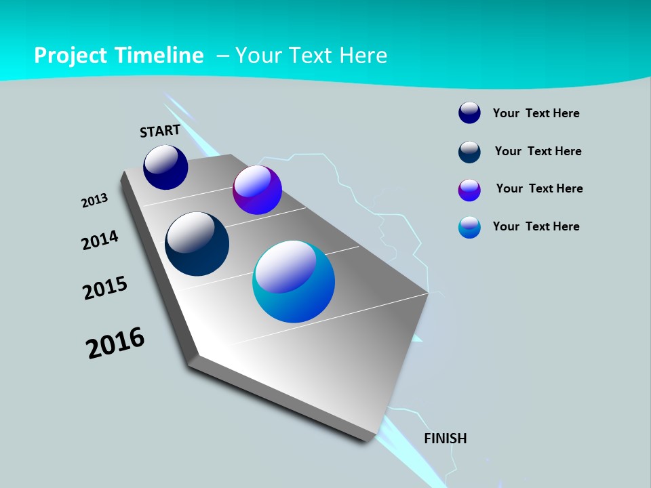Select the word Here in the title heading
(x=363, y=56)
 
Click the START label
(x=160, y=131)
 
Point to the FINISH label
(x=446, y=439)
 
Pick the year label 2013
(x=95, y=201)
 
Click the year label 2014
(x=100, y=240)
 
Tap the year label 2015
(x=105, y=288)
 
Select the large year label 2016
(x=115, y=343)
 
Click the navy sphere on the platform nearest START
(x=165, y=167)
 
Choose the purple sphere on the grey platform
(x=257, y=190)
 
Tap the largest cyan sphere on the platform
(x=294, y=281)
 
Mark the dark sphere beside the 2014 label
(x=197, y=244)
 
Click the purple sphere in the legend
(x=469, y=190)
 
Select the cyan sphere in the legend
(x=469, y=227)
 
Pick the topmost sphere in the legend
(x=469, y=113)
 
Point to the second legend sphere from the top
(x=469, y=152)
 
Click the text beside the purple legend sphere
(x=539, y=188)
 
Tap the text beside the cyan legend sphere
(x=536, y=226)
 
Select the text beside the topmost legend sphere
(x=536, y=113)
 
